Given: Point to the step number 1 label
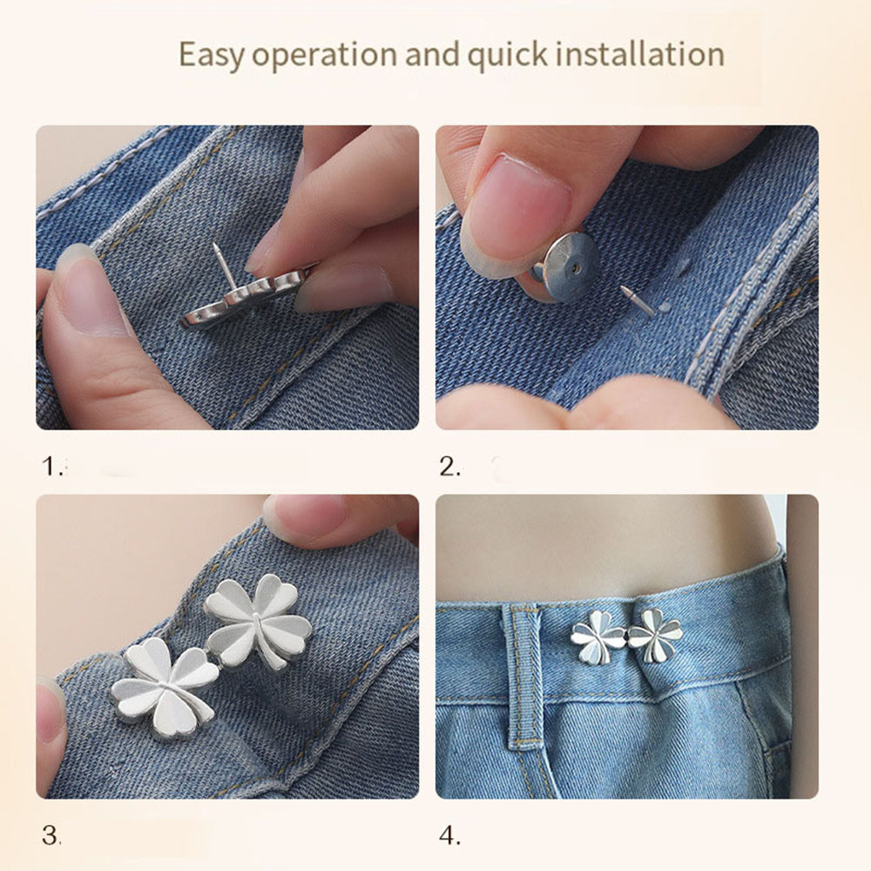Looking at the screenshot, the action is pyautogui.click(x=51, y=466).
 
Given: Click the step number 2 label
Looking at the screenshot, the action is pyautogui.click(x=449, y=466).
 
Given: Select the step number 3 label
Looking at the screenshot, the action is pyautogui.click(x=51, y=835).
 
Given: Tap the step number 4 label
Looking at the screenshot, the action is pyautogui.click(x=449, y=835).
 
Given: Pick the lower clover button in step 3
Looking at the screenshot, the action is pyautogui.click(x=165, y=688).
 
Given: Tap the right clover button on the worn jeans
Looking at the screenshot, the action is pyautogui.click(x=655, y=635).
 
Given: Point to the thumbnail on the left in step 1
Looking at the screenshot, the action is pyautogui.click(x=89, y=292).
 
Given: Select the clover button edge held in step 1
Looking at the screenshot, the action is pyautogui.click(x=245, y=297).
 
